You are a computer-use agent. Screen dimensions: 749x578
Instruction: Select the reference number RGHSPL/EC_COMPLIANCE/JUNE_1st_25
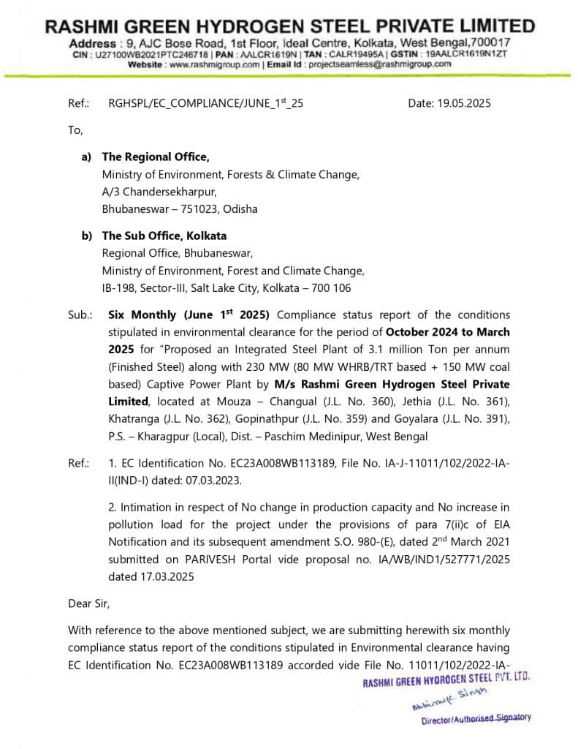(205, 103)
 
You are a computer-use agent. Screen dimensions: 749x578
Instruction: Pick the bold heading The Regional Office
(156, 157)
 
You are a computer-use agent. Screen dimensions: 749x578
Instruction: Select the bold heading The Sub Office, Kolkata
(164, 236)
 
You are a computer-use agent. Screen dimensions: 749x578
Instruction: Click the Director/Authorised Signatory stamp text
(476, 718)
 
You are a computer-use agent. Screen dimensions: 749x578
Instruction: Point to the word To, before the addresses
(76, 130)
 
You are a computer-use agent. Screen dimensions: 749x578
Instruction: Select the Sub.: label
(80, 315)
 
